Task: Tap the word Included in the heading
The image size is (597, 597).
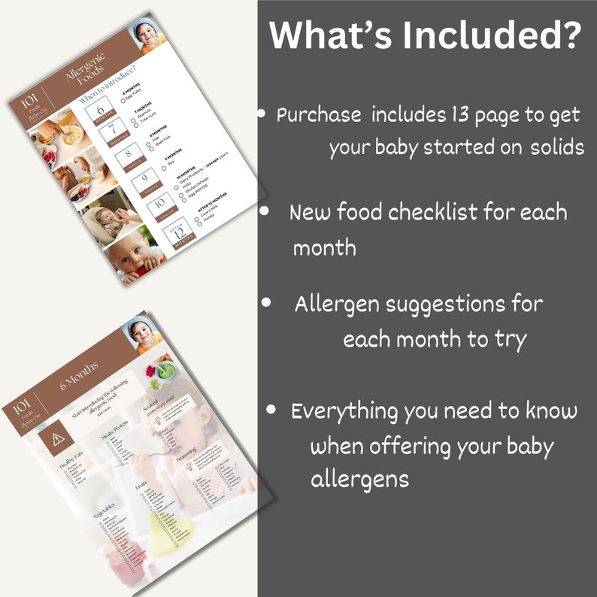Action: tap(492, 35)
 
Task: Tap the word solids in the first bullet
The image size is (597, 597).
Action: tap(557, 147)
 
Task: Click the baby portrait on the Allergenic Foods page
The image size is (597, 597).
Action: tap(148, 35)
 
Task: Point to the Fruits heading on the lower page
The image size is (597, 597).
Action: tap(140, 486)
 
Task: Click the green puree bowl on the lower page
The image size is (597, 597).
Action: tap(166, 371)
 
